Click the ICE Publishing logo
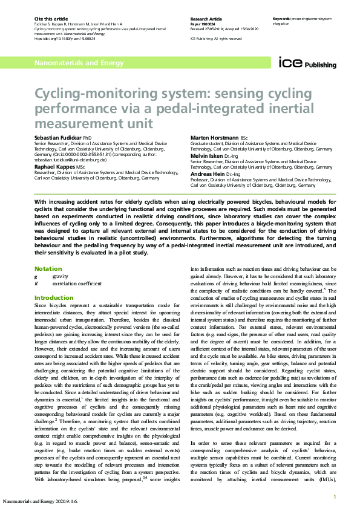click(x=303, y=63)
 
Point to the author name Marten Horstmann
click(x=214, y=138)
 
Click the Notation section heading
click(x=48, y=268)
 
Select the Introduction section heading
click(x=54, y=298)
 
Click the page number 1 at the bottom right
click(x=335, y=497)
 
